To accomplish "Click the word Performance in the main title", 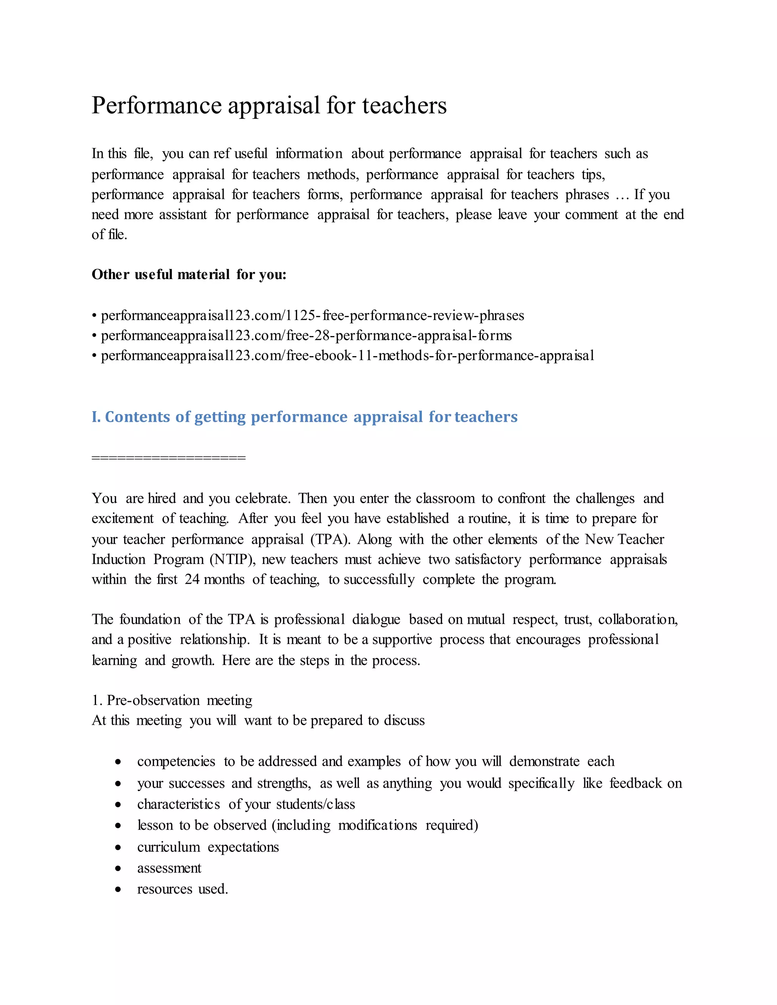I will [x=157, y=106].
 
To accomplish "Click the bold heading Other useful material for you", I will [x=189, y=275].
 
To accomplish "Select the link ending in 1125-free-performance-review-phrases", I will [x=312, y=316].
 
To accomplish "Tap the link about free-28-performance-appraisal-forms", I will [x=306, y=336].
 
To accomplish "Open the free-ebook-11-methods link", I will [x=348, y=356].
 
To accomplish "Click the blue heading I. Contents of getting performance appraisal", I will [x=304, y=417].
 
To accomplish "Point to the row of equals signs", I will [x=168, y=458].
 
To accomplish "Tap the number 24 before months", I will [x=192, y=579].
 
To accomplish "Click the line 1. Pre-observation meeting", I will [x=172, y=700].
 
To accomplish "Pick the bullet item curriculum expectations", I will [x=208, y=847].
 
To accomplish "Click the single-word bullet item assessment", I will [x=169, y=868].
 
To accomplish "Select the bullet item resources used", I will [x=182, y=889].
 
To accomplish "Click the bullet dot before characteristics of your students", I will [x=118, y=805].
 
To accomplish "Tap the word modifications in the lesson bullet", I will [x=377, y=826].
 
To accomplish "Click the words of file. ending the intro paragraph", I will [x=109, y=235].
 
